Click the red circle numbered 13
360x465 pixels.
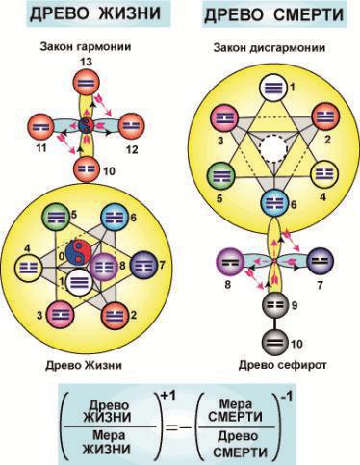pyautogui.click(x=86, y=83)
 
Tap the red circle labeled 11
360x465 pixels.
pyautogui.click(x=40, y=127)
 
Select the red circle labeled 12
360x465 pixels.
pyautogui.click(x=132, y=126)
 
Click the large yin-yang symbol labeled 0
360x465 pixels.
pyautogui.click(x=79, y=251)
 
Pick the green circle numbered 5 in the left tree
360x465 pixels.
pyautogui.click(x=56, y=217)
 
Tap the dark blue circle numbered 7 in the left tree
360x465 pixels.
pyautogui.click(x=144, y=265)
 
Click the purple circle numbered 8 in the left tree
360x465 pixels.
pyautogui.click(x=103, y=267)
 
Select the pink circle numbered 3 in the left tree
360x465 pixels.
pyautogui.click(x=60, y=315)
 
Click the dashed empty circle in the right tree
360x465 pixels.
pyautogui.click(x=273, y=148)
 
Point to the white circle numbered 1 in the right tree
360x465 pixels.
pyautogui.click(x=273, y=88)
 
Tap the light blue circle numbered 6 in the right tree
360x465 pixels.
pyautogui.click(x=274, y=203)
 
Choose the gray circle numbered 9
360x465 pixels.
pyautogui.click(x=274, y=305)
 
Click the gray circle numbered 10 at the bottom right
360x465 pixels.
pyautogui.click(x=274, y=343)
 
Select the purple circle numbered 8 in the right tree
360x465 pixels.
pyautogui.click(x=229, y=262)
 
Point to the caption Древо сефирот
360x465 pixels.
pyautogui.click(x=282, y=365)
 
